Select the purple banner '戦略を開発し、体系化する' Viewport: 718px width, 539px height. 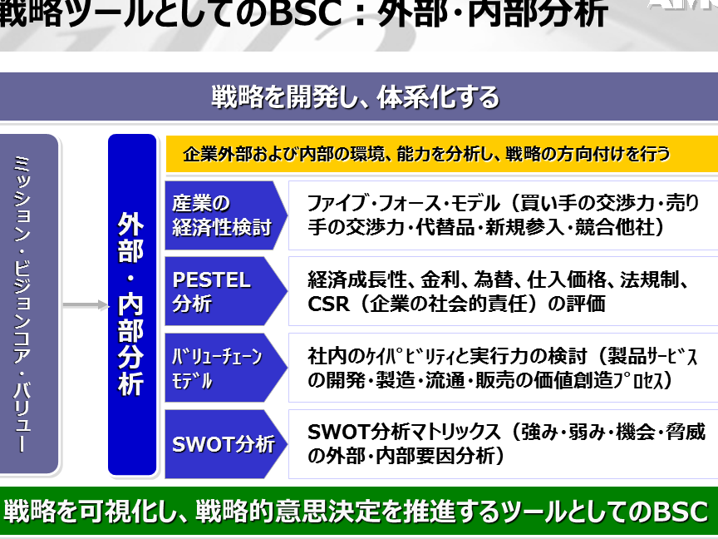click(x=359, y=96)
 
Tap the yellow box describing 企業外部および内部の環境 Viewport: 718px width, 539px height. click(x=441, y=154)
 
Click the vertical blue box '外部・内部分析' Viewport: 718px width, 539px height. click(x=132, y=304)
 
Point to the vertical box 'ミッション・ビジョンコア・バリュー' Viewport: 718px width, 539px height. click(x=28, y=304)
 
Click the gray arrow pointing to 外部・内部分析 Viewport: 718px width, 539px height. click(x=86, y=304)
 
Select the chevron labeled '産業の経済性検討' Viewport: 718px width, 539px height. click(x=226, y=215)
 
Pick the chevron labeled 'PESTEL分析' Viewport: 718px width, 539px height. click(x=226, y=291)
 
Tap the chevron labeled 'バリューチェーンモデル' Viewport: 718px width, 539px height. click(x=226, y=368)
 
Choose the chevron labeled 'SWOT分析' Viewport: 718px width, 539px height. click(x=226, y=444)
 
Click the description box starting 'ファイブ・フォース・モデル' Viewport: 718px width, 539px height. click(x=504, y=215)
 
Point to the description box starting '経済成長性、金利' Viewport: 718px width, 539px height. click(x=504, y=291)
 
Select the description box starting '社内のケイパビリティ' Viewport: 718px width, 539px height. click(x=504, y=368)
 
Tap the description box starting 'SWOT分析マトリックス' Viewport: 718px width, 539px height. click(x=504, y=444)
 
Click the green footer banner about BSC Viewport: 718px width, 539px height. click(x=359, y=511)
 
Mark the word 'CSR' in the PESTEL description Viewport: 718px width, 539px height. click(x=328, y=304)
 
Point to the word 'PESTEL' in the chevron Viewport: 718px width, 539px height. click(x=212, y=280)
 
